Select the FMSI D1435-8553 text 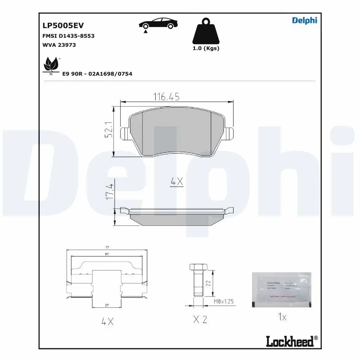pyautogui.click(x=68, y=36)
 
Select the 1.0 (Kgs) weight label pyautogui.click(x=205, y=48)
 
